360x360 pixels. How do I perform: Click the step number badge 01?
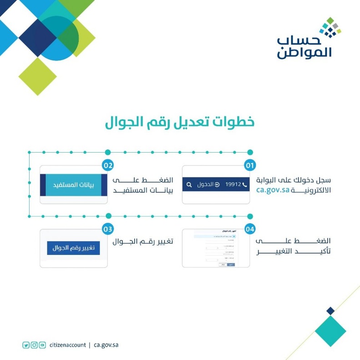tap(250, 165)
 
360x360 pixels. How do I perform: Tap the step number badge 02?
tap(108, 165)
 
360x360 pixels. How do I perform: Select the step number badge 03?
tap(108, 229)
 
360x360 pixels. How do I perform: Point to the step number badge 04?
tap(250, 229)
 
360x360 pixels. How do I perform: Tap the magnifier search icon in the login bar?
tap(189, 185)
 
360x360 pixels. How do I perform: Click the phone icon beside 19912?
tap(245, 185)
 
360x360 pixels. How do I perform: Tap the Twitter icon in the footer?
tap(26, 345)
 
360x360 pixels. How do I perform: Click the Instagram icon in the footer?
tap(34, 345)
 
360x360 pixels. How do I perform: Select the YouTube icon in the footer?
tap(42, 345)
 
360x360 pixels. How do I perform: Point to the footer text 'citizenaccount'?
tap(68, 345)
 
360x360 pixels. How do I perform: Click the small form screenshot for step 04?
tap(216, 248)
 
